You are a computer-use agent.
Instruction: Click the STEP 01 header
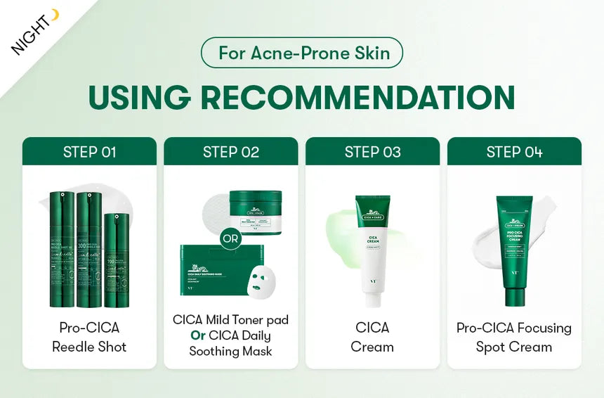pyautogui.click(x=89, y=152)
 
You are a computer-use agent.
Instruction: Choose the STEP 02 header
pyautogui.click(x=231, y=152)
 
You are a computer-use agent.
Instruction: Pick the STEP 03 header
pyautogui.click(x=372, y=152)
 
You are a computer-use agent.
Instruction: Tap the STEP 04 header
pyautogui.click(x=514, y=152)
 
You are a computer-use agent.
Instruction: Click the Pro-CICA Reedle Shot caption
pyautogui.click(x=89, y=337)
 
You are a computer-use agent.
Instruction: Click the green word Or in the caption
pyautogui.click(x=198, y=335)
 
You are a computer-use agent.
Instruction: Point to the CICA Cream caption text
pyautogui.click(x=372, y=337)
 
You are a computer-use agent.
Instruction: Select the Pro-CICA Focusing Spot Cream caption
pyautogui.click(x=514, y=337)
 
